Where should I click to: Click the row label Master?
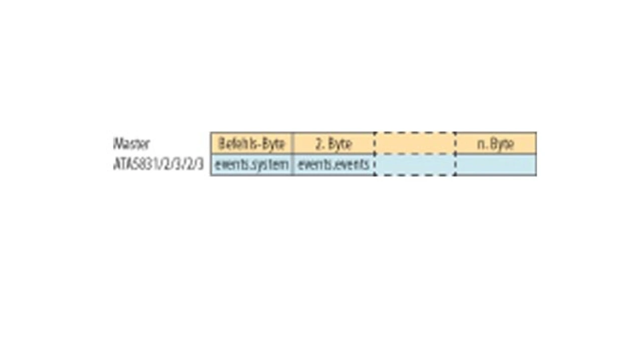point(131,144)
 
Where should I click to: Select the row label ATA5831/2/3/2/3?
point(159,164)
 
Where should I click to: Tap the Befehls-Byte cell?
point(251,144)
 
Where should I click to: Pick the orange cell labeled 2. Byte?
point(334,144)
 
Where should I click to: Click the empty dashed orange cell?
point(415,144)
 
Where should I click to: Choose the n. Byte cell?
point(496,144)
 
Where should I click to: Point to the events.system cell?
point(251,165)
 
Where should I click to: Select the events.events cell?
point(334,165)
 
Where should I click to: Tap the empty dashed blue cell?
point(415,165)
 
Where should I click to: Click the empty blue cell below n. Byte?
point(496,165)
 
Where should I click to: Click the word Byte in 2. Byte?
point(340,144)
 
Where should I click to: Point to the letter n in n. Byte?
point(480,145)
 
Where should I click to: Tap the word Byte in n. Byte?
point(502,144)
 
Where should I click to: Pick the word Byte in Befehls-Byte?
point(273,144)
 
